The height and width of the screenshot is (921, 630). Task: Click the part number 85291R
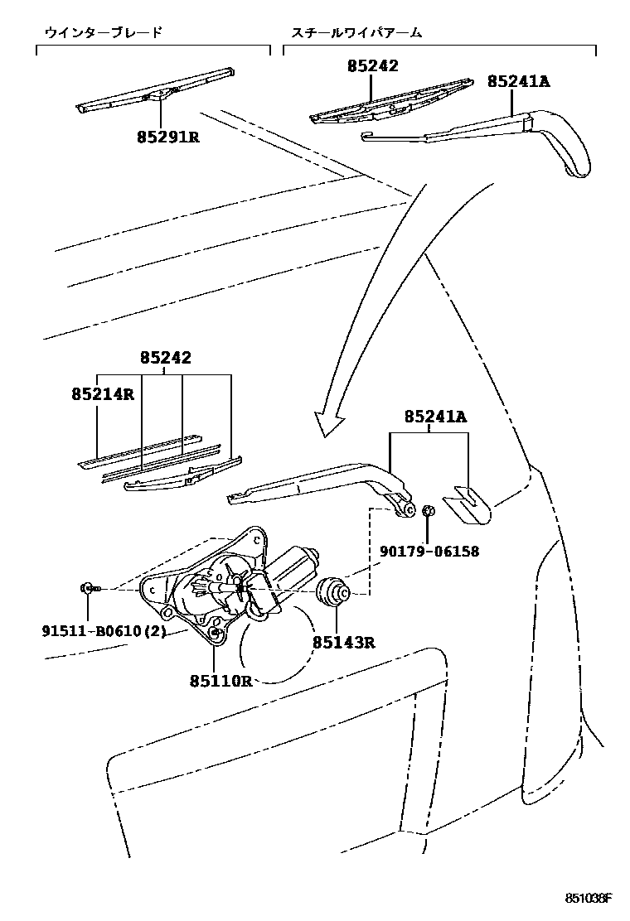[x=168, y=137]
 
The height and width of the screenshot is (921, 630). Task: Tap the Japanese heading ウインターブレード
[x=104, y=33]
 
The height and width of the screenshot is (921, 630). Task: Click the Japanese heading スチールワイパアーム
[x=356, y=33]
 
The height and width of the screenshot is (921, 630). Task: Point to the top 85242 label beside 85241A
[x=372, y=65]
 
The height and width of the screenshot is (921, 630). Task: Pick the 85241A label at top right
[x=519, y=81]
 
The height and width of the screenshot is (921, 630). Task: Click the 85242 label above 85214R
[x=166, y=359]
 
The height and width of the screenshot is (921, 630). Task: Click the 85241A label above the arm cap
[x=436, y=417]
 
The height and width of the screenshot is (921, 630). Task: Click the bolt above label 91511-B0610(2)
[x=88, y=588]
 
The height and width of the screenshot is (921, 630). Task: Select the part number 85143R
[x=344, y=642]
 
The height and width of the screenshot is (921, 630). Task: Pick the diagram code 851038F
[x=589, y=898]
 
